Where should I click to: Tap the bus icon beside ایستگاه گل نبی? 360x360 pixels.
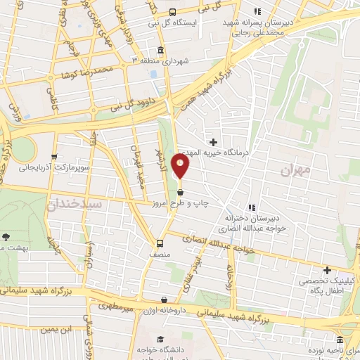(x=172, y=11)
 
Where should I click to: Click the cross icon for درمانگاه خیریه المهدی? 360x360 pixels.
(x=214, y=142)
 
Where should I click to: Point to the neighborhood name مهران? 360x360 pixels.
(x=295, y=169)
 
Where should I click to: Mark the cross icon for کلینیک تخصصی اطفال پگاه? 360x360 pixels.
(x=327, y=270)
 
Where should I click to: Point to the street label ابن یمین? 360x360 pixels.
(x=56, y=328)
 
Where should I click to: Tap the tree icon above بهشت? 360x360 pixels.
(x=6, y=237)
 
